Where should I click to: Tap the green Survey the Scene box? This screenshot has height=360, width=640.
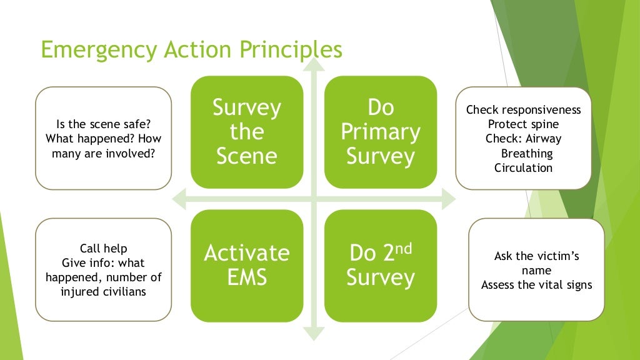[247, 132]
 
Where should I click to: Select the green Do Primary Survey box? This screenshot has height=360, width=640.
[381, 132]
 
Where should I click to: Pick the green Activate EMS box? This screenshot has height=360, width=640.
[247, 265]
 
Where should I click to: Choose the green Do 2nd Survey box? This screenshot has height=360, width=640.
[381, 265]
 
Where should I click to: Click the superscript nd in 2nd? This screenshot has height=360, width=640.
[404, 248]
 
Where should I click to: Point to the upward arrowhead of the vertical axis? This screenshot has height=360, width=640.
[313, 64]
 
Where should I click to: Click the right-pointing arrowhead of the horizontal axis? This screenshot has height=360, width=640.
[449, 200]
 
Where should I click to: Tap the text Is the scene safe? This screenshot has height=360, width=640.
[102, 125]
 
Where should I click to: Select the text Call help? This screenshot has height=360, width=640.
[104, 249]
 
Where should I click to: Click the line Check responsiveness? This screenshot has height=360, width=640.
[524, 110]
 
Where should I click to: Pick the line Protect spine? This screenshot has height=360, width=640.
[524, 124]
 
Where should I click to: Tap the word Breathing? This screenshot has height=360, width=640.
[527, 153]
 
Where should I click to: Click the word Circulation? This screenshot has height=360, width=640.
[524, 167]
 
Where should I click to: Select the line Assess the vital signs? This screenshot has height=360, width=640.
[537, 285]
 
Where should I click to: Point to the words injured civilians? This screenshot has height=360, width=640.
[104, 291]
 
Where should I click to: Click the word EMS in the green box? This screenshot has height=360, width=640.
[247, 277]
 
